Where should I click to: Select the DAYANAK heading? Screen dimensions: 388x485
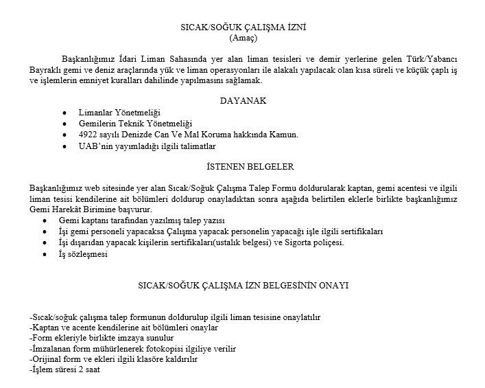click(x=242, y=100)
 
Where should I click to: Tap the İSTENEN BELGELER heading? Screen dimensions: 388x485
click(x=241, y=167)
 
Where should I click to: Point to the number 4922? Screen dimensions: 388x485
click(x=90, y=134)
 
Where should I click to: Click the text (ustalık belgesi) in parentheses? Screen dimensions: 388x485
click(x=235, y=242)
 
